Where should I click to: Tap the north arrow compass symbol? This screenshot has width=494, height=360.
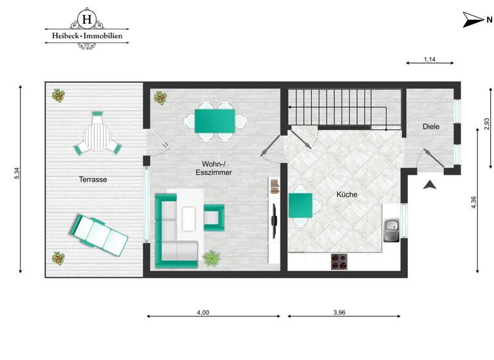point(473,20)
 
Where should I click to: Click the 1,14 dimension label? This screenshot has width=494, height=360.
point(430,60)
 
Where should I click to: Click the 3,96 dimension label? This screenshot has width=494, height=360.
point(340,312)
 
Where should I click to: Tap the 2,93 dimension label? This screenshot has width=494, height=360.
point(486,124)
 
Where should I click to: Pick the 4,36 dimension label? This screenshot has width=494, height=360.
point(474,201)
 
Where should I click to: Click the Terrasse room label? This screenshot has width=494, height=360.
point(93,179)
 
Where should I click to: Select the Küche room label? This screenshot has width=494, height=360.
point(347,194)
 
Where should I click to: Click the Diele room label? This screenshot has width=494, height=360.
point(431,127)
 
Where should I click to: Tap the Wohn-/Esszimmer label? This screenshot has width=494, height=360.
point(213,168)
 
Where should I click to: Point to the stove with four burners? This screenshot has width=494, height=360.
point(340,261)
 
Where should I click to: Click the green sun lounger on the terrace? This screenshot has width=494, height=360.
point(99,234)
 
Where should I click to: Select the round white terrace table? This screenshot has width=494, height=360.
point(98,136)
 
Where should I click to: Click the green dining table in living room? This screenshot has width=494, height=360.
point(215,120)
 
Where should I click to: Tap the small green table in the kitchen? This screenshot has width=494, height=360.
point(300,205)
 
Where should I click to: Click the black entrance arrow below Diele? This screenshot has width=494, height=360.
point(430,184)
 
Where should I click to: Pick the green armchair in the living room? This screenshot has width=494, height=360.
point(214,217)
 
